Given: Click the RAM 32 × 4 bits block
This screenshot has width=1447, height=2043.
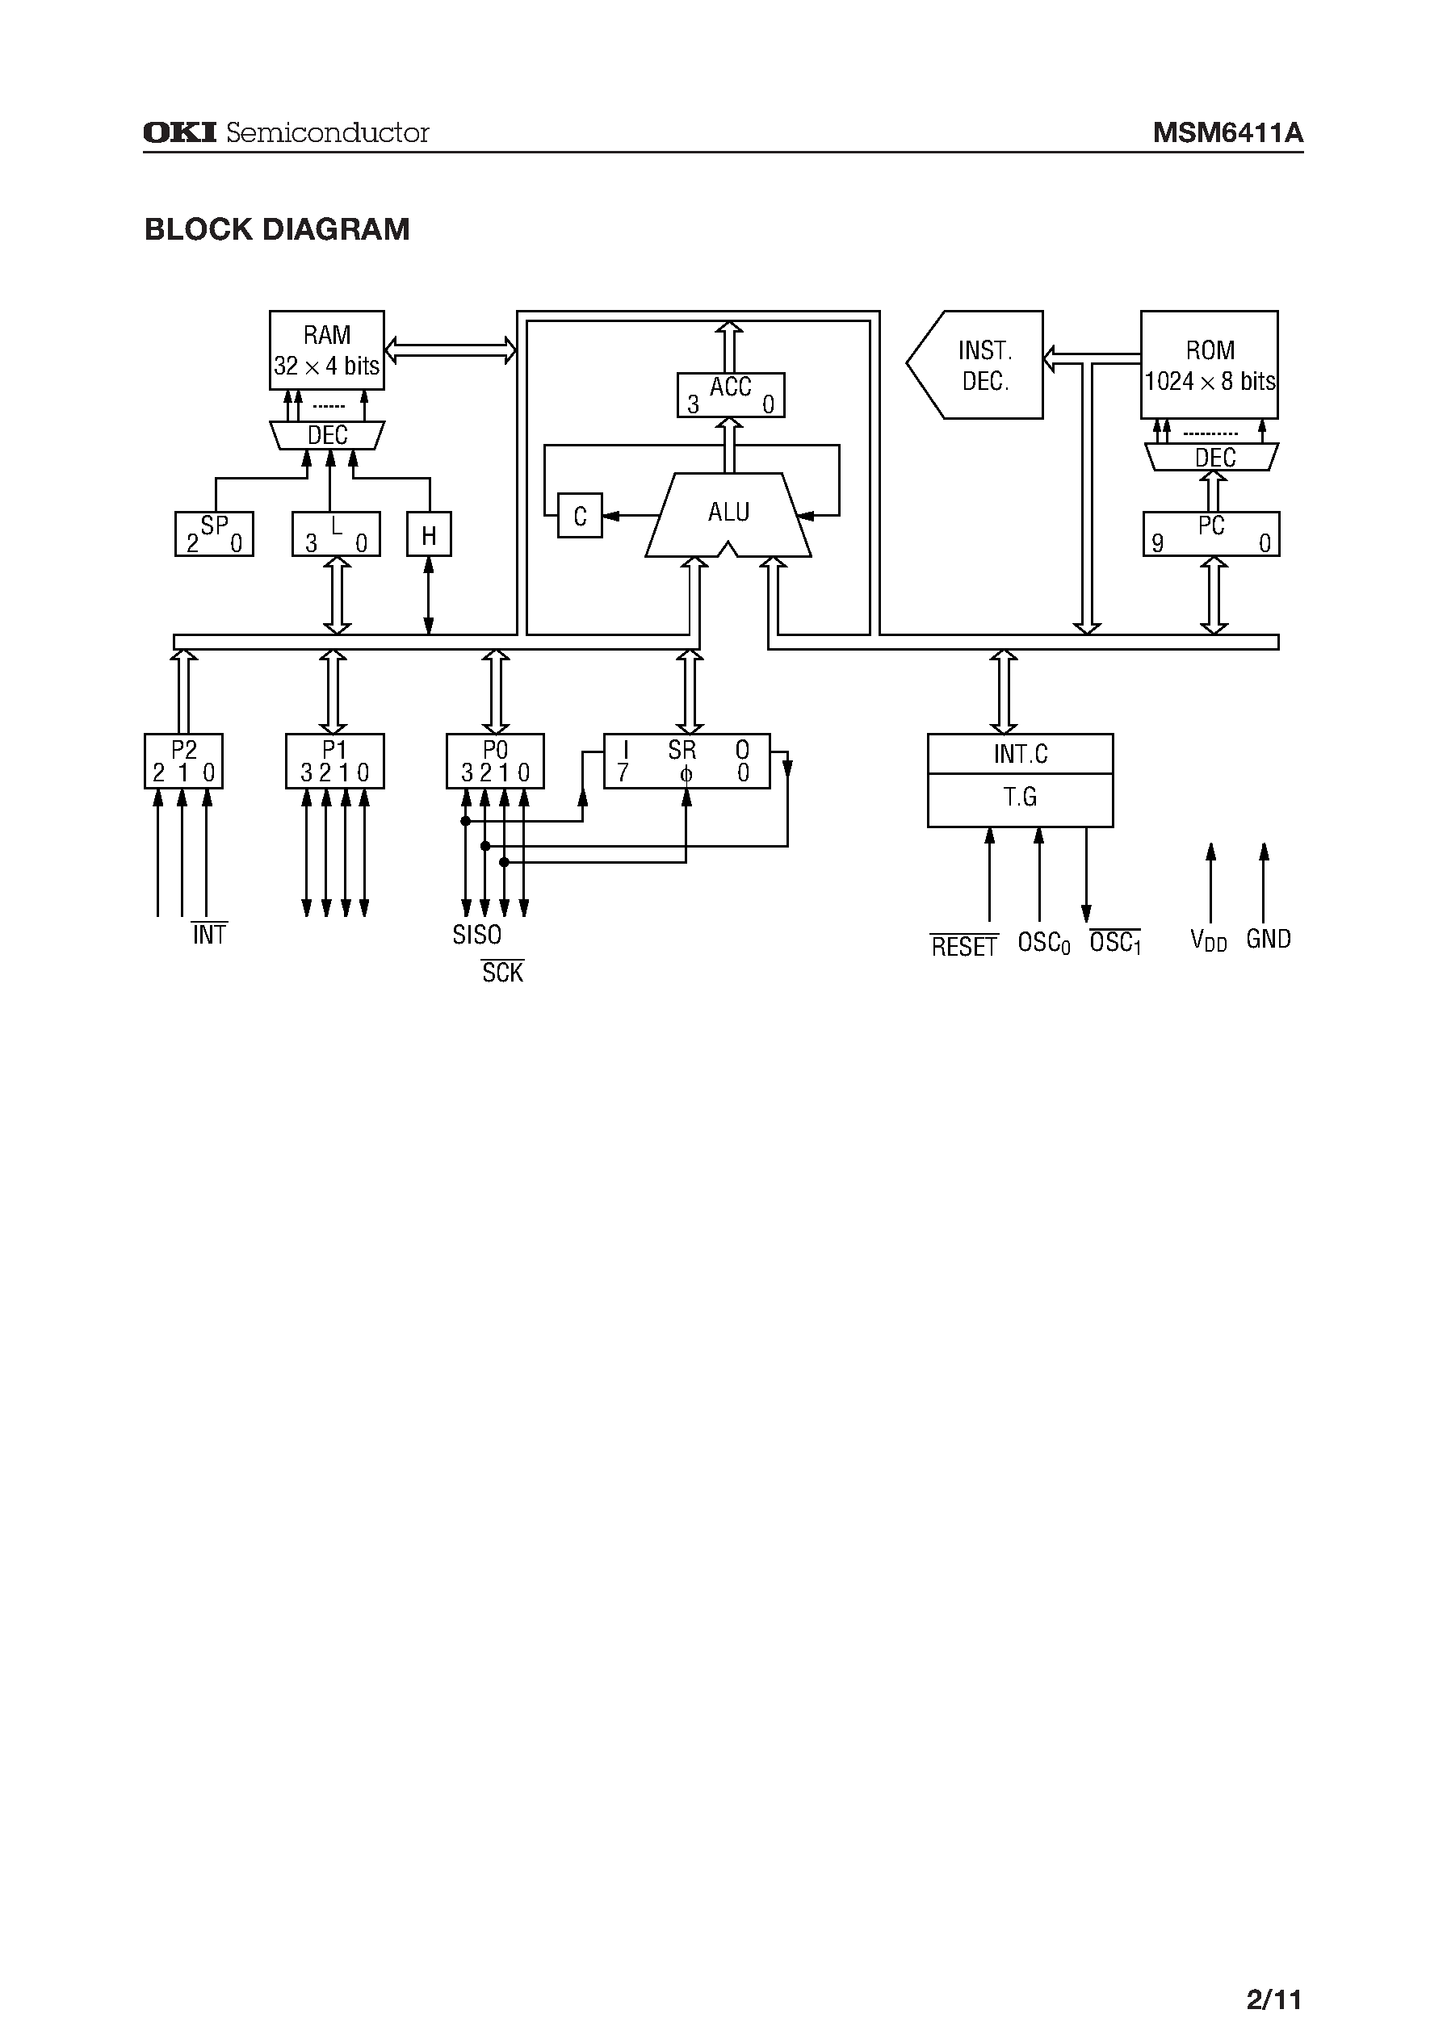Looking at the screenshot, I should tap(326, 350).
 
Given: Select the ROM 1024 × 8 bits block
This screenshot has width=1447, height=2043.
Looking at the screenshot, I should tap(1209, 364).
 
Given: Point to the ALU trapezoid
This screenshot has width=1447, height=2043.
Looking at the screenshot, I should tap(728, 515).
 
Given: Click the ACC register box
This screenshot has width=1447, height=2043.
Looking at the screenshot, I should tap(730, 395).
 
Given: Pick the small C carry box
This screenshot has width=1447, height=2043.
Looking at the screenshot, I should tap(580, 516).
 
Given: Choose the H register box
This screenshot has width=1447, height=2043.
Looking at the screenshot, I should tap(429, 534).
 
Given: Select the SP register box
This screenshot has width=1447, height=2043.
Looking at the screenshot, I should tap(214, 534).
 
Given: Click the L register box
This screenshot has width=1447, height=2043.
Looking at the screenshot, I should tap(336, 534).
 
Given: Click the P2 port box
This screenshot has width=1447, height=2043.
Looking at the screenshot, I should tap(183, 761).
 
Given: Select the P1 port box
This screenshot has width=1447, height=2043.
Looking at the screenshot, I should tap(334, 761).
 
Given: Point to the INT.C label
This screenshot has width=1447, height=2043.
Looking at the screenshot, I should tap(1020, 755).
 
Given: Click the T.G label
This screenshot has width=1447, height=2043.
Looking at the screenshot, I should tap(1020, 797).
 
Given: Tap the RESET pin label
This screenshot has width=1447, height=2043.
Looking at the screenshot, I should tap(963, 947).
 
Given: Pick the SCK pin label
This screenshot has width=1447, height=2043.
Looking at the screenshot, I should tap(502, 973).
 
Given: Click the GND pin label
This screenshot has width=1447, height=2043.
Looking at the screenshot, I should tap(1268, 940).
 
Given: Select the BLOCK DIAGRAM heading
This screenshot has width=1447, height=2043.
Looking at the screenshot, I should tap(277, 230).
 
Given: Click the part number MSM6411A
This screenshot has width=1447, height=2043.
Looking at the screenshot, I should tap(1228, 133).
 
